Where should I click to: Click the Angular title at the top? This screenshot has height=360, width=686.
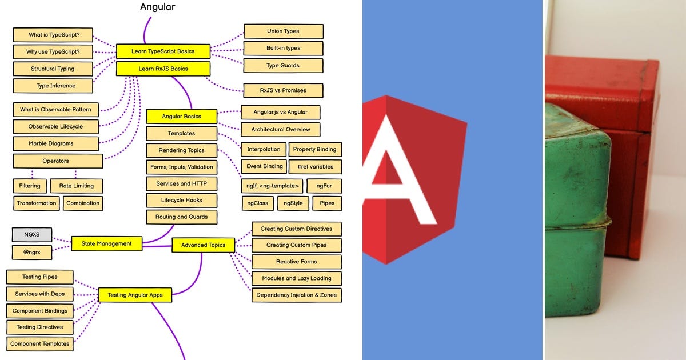[x=158, y=7]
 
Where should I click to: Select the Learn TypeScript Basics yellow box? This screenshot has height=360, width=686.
[x=163, y=51]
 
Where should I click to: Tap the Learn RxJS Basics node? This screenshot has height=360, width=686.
[x=163, y=69]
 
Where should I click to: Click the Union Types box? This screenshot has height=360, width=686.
[x=283, y=31]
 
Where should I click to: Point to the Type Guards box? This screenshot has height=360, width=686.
[x=283, y=66]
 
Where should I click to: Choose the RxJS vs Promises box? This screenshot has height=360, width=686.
[x=283, y=90]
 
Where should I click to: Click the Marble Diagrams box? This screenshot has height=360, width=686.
[x=51, y=143]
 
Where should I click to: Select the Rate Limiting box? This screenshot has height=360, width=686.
[x=76, y=186]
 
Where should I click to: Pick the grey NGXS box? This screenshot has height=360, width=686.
[x=32, y=234]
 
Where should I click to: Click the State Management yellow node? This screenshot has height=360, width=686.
[x=106, y=243]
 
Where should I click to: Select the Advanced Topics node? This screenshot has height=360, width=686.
[x=203, y=245]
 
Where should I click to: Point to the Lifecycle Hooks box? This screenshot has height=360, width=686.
[x=181, y=201]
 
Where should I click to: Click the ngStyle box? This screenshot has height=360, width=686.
[x=293, y=203]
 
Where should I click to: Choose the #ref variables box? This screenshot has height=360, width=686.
[x=315, y=166]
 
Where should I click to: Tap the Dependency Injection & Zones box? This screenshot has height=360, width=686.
[x=296, y=295]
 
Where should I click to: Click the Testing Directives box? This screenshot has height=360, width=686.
[x=40, y=327]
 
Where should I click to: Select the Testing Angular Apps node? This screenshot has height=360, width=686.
[x=135, y=295]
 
